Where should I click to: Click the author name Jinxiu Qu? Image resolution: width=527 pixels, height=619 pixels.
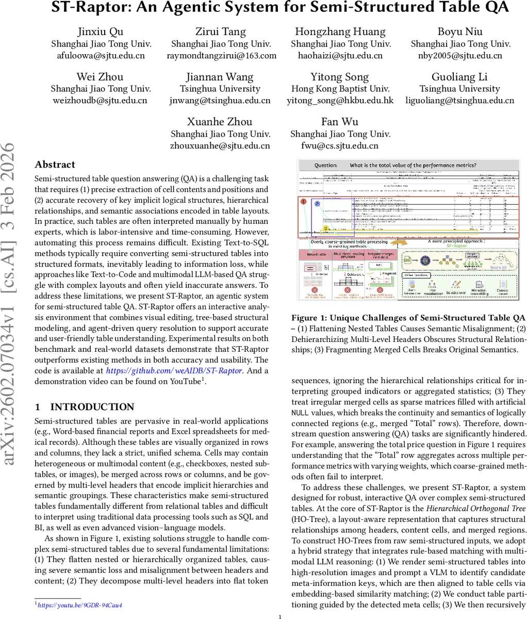click(100, 31)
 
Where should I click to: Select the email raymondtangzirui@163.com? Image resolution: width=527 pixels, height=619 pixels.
click(221, 56)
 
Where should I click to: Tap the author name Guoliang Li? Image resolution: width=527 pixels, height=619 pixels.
click(459, 77)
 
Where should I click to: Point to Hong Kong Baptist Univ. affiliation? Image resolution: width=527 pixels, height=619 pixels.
click(340, 89)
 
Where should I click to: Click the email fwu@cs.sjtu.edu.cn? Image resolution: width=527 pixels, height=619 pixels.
click(340, 145)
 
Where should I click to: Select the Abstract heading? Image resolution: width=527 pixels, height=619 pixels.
click(55, 165)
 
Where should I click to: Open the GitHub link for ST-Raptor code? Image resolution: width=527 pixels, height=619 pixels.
click(174, 370)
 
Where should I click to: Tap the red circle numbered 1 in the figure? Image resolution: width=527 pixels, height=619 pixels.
click(304, 202)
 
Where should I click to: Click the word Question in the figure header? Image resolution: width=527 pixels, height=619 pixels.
click(325, 166)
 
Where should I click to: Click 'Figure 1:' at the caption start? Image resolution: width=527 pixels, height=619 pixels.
click(309, 318)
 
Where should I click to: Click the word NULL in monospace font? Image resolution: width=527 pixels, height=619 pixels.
click(300, 413)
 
